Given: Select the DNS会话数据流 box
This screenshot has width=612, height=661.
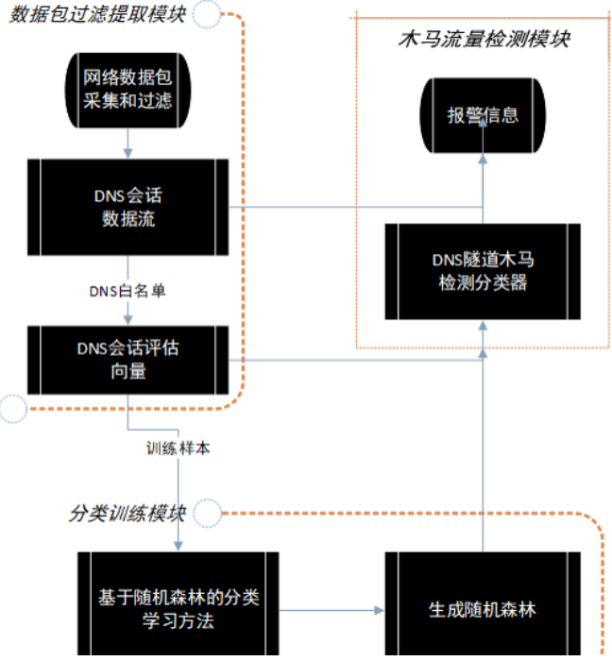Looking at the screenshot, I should coord(127,208).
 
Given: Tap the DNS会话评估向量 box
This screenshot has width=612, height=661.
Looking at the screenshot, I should coord(127,359).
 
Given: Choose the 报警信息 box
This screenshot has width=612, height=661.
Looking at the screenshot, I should coord(483,115).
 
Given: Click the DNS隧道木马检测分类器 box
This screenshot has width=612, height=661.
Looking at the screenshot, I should coord(483,270).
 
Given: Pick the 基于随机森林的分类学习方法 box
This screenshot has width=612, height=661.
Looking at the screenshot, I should coord(178,608).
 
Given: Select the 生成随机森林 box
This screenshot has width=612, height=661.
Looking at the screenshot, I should coord(483,608).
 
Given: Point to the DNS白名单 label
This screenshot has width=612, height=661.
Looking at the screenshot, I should coord(127,291).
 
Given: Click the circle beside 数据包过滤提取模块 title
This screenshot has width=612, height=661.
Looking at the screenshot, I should coord(210,13).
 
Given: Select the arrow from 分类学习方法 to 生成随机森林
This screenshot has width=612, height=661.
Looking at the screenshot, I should coord(331,608).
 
